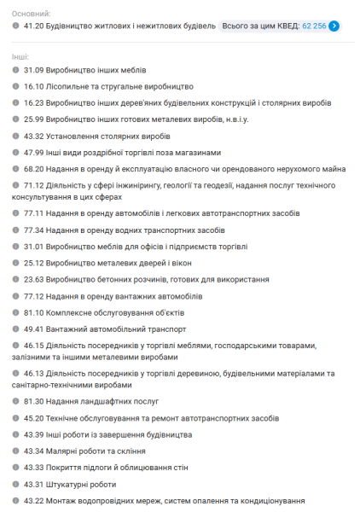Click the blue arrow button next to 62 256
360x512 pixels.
pyautogui.click(x=334, y=26)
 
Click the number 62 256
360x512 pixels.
pyautogui.click(x=314, y=26)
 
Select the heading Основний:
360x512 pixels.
pyautogui.click(x=32, y=14)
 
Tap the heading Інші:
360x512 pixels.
pyautogui.click(x=20, y=55)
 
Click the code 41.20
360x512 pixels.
pyautogui.click(x=34, y=26)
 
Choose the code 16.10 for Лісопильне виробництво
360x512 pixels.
pyautogui.click(x=34, y=86)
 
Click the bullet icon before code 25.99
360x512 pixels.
pyautogui.click(x=16, y=119)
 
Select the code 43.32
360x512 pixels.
pyautogui.click(x=34, y=136)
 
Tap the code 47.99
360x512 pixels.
pyautogui.click(x=34, y=152)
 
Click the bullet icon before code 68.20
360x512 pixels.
pyautogui.click(x=16, y=168)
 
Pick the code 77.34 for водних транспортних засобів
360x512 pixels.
pyautogui.click(x=34, y=230)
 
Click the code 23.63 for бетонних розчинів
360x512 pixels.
pyautogui.click(x=34, y=279)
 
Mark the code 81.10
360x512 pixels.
pyautogui.click(x=34, y=312)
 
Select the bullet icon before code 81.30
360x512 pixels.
pyautogui.click(x=16, y=400)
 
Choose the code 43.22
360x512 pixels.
pyautogui.click(x=34, y=500)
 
